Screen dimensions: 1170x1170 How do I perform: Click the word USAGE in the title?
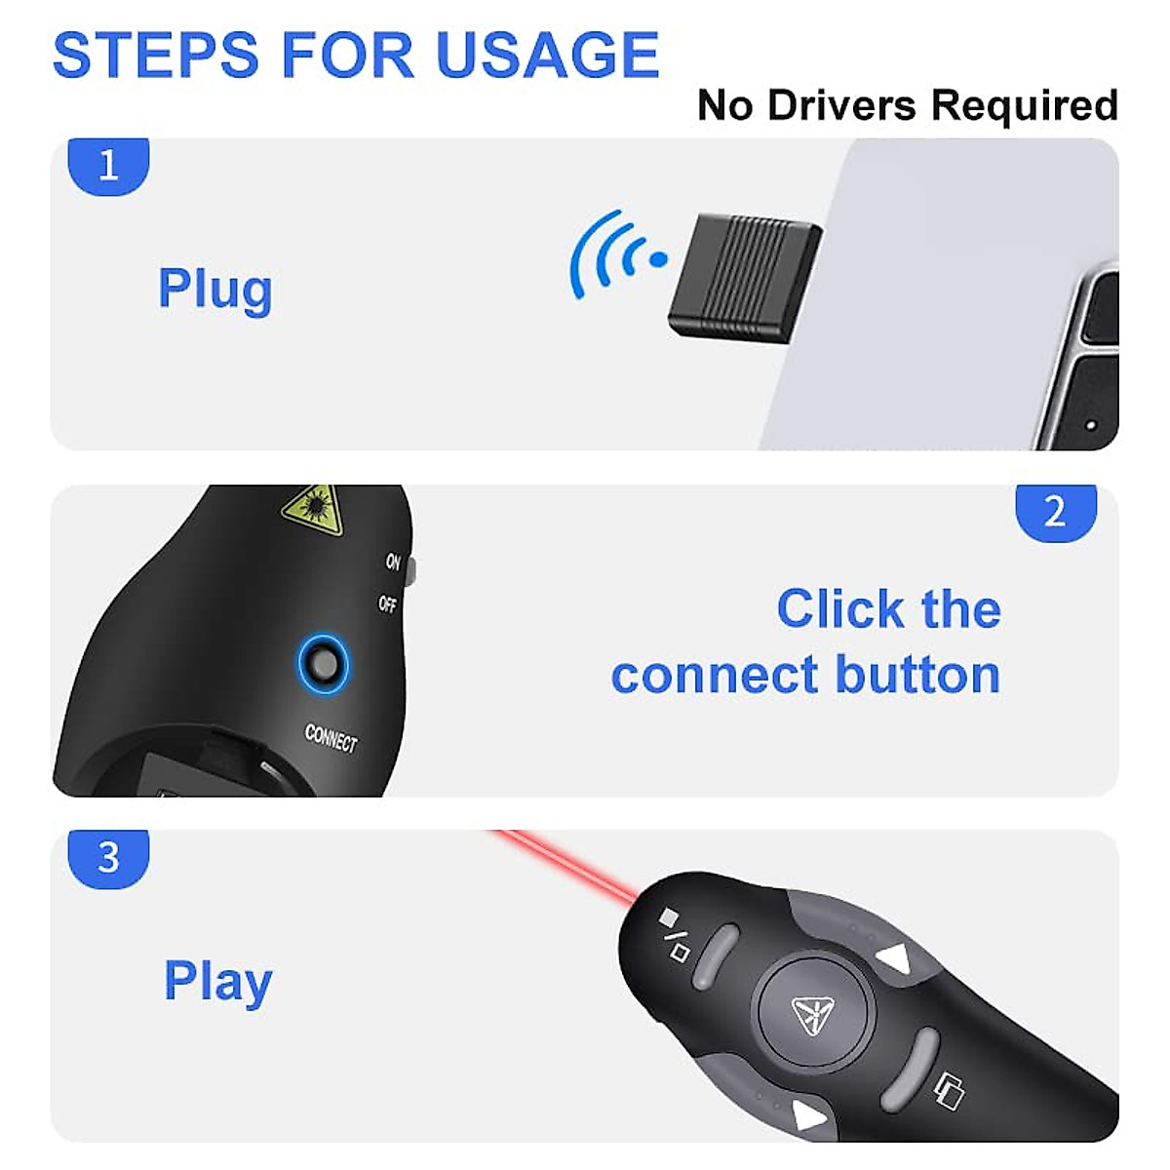548,55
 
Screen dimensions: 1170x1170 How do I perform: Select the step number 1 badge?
108,166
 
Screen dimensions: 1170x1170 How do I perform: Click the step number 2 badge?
1055,512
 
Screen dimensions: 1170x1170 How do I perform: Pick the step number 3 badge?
108,858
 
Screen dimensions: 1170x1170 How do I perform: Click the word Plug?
215,291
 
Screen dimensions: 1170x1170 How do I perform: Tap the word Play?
217,982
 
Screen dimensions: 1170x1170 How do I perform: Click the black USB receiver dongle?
744,275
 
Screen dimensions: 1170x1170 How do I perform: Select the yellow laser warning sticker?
313,509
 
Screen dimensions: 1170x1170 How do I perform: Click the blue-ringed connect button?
323,665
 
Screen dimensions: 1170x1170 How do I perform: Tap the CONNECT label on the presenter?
331,738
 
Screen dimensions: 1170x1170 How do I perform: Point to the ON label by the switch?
393,562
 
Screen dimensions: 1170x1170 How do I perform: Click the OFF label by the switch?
388,604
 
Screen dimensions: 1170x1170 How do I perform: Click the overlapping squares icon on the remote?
949,1089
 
